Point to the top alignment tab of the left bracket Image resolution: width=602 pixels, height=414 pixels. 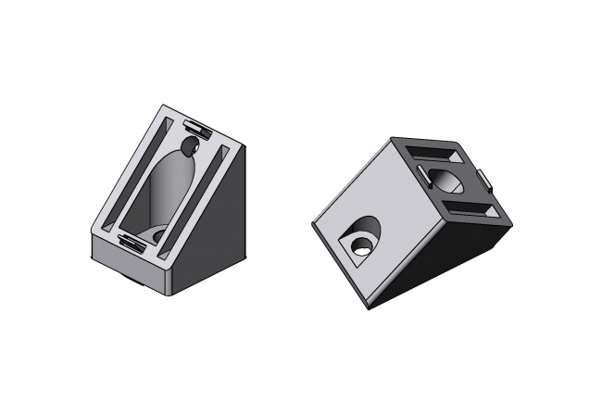pos(197,124)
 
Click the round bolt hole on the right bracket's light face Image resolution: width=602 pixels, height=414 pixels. pos(359,245)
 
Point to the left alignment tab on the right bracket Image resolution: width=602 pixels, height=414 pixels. pos(421,173)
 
